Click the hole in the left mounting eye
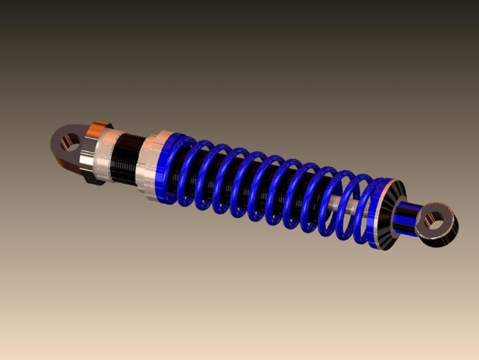coord(68,143)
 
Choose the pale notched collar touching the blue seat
coord(149,169)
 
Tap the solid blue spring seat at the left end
coord(165,169)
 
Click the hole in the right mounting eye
coord(435,220)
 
